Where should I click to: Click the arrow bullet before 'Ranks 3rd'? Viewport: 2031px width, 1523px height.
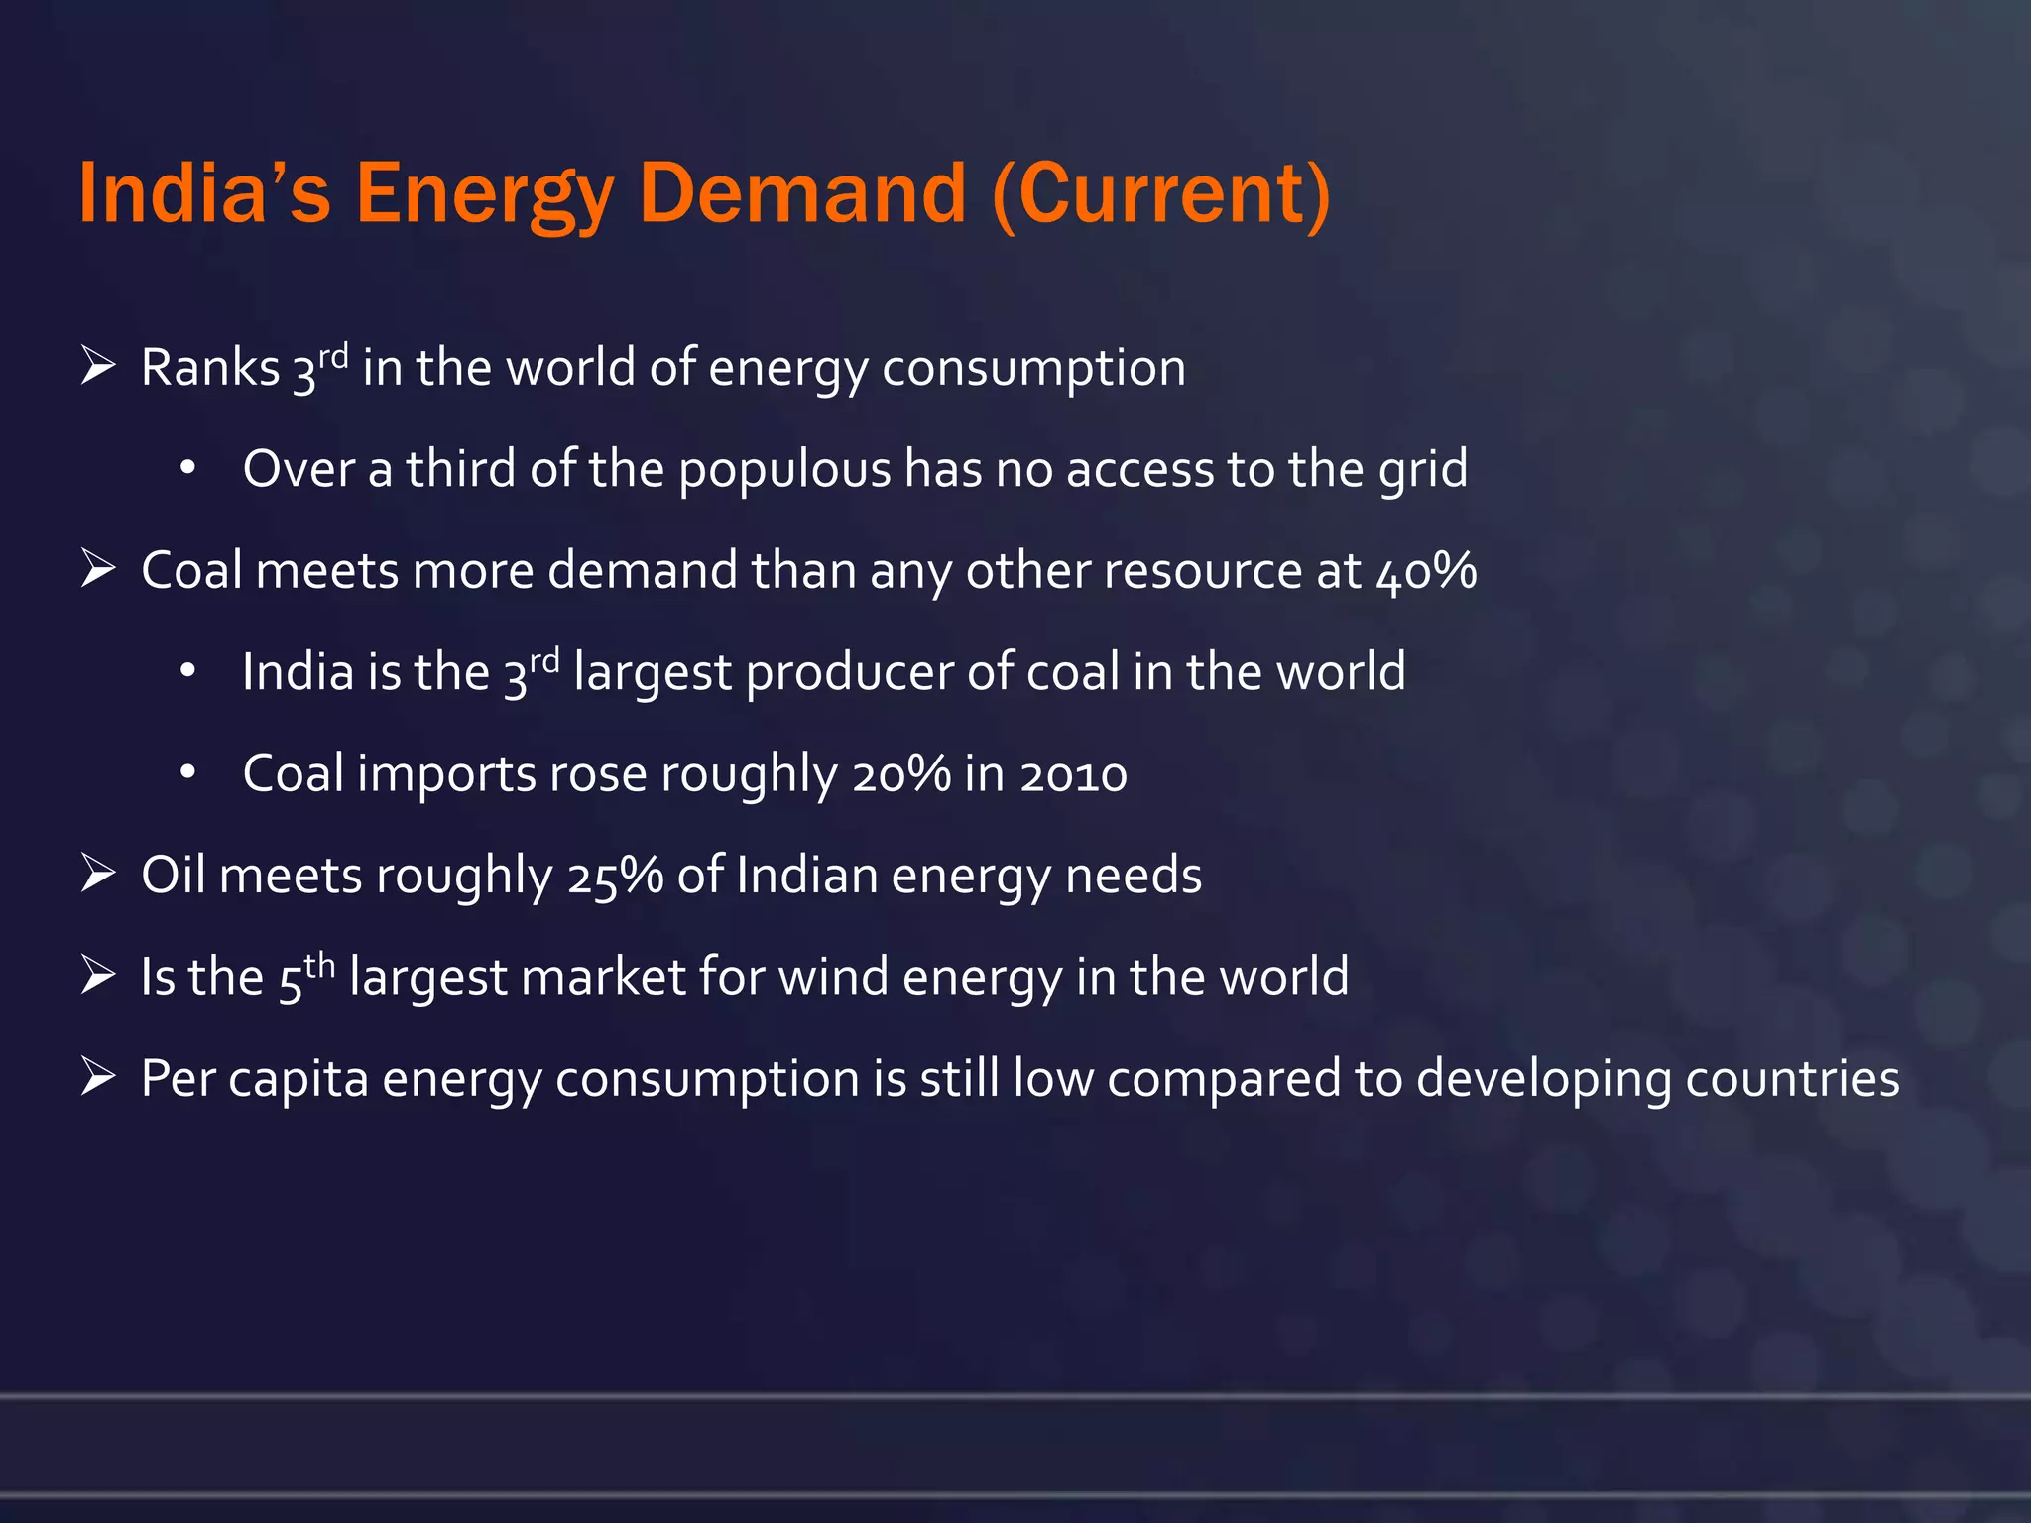98,366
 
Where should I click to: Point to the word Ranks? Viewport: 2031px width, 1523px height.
210,368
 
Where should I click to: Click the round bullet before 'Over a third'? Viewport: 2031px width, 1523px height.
188,468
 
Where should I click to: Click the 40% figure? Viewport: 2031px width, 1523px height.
1426,572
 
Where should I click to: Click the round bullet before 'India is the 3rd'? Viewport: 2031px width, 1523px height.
188,671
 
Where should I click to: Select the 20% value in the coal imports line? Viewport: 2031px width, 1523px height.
901,774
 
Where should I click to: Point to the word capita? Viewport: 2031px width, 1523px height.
299,1079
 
